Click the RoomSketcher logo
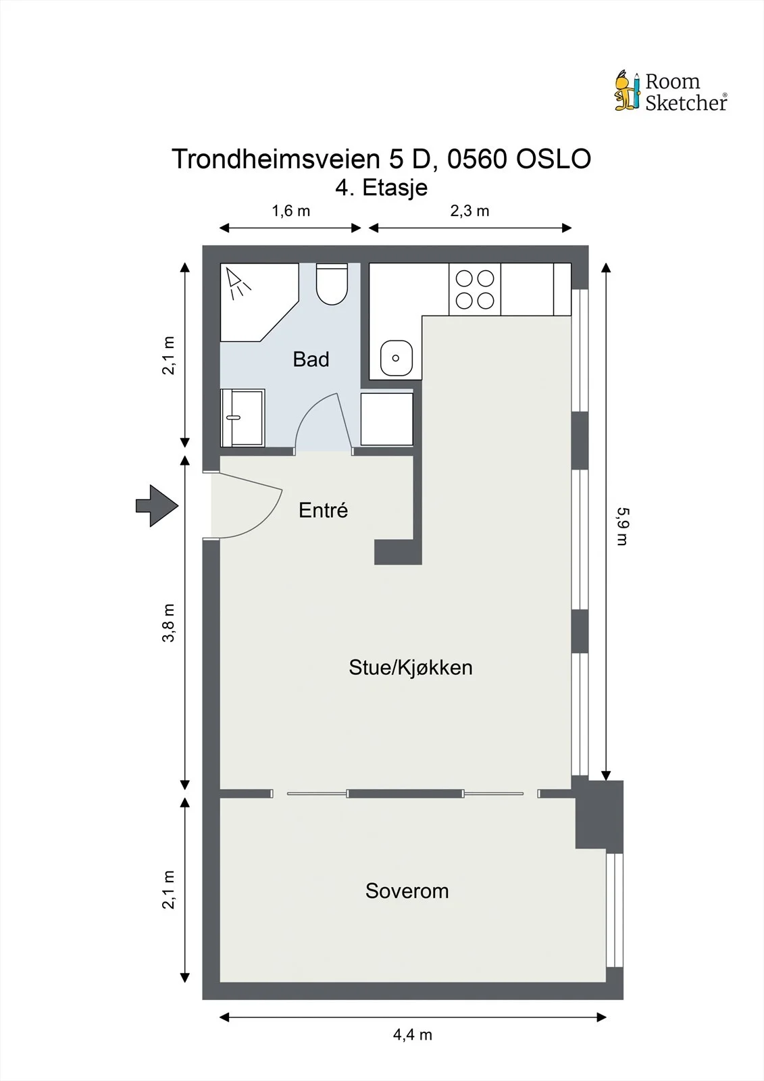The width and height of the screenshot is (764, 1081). (671, 91)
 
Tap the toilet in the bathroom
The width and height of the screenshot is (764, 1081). (332, 284)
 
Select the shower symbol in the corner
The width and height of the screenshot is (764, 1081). (238, 284)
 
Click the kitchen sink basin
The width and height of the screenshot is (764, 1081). (397, 357)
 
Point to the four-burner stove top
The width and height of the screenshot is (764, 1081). (475, 290)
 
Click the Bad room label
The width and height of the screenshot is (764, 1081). (311, 359)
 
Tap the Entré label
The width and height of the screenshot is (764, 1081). (323, 509)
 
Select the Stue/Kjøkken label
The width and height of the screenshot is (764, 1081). (411, 668)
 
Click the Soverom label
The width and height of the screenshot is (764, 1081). (407, 891)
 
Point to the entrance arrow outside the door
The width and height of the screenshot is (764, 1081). (157, 506)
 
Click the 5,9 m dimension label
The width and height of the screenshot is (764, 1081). (623, 526)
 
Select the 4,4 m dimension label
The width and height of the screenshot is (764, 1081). (412, 1034)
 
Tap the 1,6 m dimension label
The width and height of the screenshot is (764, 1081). (290, 211)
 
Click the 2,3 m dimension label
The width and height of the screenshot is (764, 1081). (469, 211)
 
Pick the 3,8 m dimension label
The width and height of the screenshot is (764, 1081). (168, 622)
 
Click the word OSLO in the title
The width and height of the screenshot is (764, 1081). (553, 159)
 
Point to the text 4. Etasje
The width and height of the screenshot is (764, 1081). (381, 188)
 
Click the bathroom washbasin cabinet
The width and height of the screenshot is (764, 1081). (243, 418)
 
